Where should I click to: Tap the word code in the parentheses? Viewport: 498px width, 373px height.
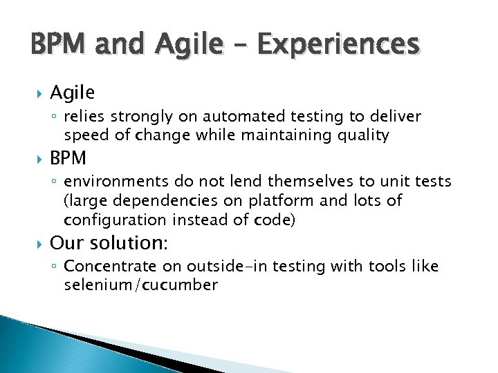pyautogui.click(x=277, y=220)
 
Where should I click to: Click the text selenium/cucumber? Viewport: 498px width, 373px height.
pyautogui.click(x=140, y=285)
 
